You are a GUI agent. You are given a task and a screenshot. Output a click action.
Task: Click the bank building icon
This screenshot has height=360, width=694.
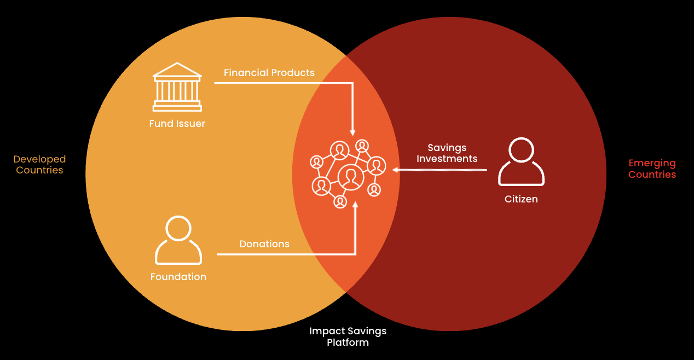177,87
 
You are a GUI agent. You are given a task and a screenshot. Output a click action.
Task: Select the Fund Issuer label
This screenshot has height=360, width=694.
177,124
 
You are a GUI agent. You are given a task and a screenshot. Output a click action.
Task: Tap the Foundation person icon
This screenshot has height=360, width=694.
178,240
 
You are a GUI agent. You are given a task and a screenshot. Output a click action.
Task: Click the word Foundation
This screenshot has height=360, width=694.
178,277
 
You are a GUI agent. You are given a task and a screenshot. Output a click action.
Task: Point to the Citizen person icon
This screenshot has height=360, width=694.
521,162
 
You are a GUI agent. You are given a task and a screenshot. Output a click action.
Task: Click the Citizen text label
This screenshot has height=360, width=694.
521,199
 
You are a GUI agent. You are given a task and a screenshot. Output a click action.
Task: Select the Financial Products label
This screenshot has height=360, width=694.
269,73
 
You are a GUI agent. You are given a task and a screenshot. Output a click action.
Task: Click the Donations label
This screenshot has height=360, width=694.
264,244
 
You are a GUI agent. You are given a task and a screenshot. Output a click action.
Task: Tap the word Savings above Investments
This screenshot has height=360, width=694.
447,148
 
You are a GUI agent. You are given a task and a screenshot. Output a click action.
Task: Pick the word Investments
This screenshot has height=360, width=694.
447,159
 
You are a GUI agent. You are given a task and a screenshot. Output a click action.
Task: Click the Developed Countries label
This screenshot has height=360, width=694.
39,165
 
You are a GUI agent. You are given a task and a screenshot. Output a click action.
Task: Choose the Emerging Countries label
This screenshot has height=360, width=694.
652,169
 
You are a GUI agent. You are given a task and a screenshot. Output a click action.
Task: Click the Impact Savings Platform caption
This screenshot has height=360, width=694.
348,336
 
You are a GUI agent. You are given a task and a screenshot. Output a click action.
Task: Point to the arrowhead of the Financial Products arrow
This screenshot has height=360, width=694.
353,132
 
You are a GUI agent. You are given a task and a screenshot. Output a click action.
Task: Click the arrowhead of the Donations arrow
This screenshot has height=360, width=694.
355,205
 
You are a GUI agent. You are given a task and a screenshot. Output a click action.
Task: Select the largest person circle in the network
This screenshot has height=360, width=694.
351,177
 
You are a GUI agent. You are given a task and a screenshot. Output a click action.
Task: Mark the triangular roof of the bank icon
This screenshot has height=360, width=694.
177,70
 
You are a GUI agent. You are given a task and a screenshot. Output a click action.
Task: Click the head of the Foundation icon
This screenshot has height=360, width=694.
178,228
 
